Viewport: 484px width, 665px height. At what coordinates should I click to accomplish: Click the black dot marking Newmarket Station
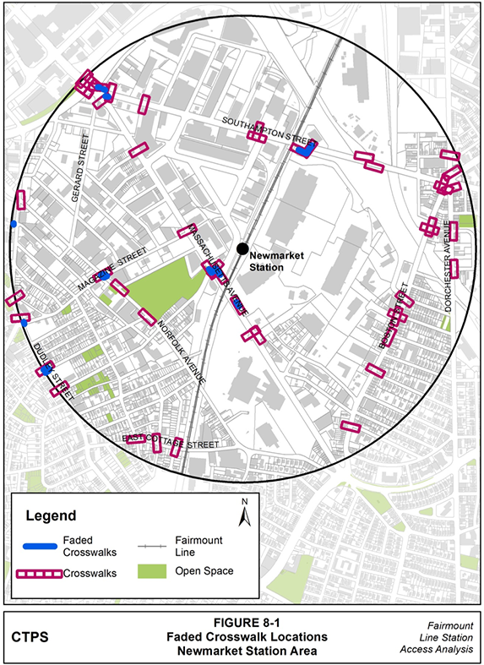coord(242,248)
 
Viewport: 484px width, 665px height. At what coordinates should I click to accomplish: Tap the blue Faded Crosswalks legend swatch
coord(40,545)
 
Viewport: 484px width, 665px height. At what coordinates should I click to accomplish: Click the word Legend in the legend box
coord(51,515)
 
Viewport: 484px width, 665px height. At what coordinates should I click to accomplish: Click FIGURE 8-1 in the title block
coord(242,622)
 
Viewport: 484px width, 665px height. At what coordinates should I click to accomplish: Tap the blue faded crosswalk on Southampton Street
coord(304,149)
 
